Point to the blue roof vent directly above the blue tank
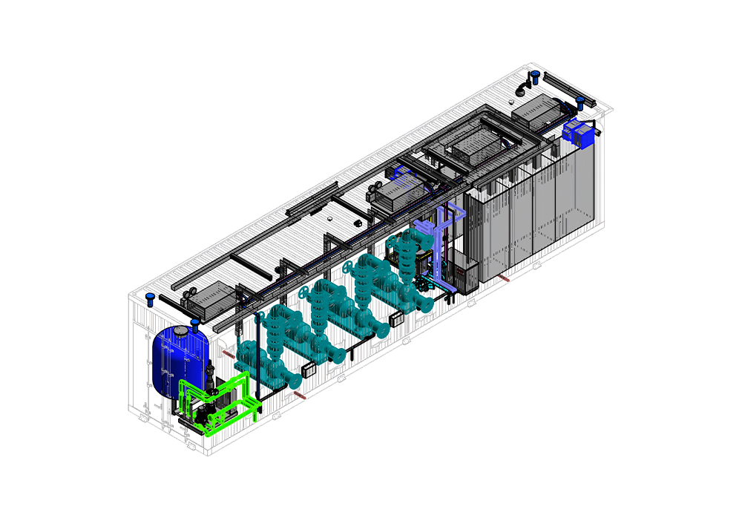click(195, 323)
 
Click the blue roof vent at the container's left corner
click(150, 299)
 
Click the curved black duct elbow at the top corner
click(523, 88)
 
